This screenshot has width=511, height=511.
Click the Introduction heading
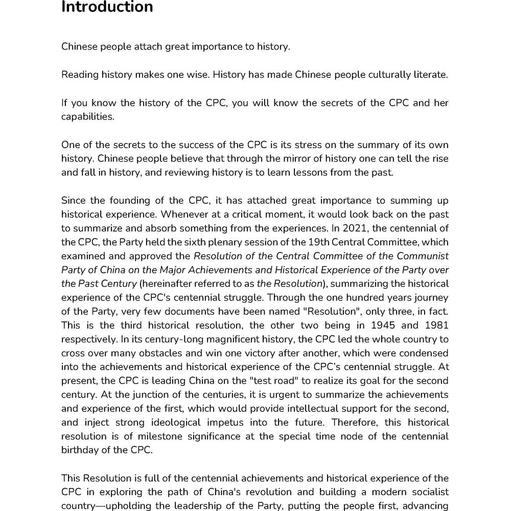coord(107,8)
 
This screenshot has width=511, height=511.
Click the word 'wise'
coord(196,75)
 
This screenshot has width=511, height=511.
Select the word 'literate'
coord(430,75)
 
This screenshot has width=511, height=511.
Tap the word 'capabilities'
coord(87,117)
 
